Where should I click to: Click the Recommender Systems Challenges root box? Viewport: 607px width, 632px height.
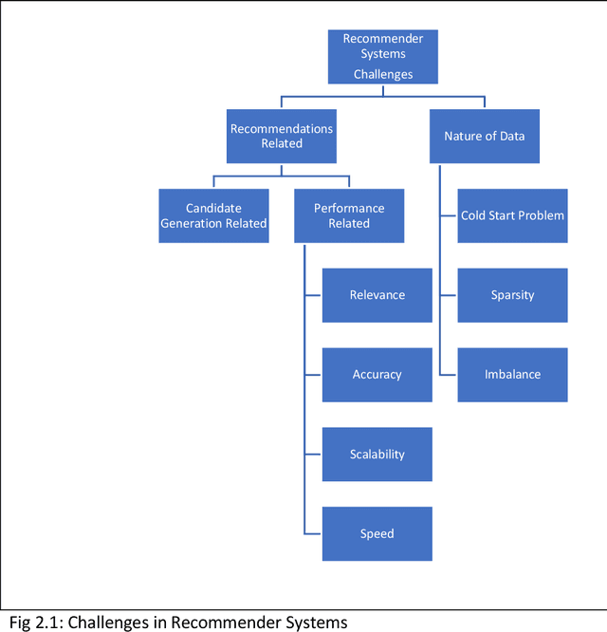[x=383, y=56]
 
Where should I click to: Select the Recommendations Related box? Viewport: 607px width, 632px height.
[x=282, y=136]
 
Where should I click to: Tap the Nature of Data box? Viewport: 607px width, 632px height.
[x=484, y=136]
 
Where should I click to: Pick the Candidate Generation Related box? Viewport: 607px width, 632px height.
[x=213, y=215]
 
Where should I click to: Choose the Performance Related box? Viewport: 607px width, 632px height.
[x=349, y=215]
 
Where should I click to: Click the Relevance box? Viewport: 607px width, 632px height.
[x=377, y=295]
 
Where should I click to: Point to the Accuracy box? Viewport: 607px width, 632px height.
[x=377, y=375]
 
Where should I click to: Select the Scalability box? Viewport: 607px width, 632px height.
[x=377, y=455]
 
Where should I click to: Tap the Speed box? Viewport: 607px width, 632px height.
[x=377, y=533]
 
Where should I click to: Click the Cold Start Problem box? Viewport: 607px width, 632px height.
[x=512, y=215]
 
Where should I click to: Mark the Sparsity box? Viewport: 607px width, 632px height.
[x=512, y=295]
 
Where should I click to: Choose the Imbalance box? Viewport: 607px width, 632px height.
[x=512, y=375]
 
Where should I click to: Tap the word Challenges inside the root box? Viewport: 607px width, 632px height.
[x=383, y=73]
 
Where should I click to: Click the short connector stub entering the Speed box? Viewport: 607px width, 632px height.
[x=313, y=533]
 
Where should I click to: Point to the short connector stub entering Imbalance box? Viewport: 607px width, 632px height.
[x=449, y=375]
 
